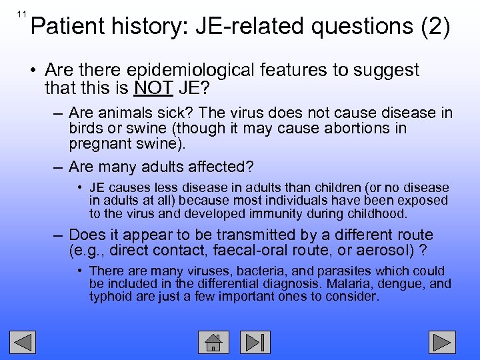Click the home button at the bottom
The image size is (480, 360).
tap(213, 342)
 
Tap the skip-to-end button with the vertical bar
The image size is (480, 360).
tap(255, 342)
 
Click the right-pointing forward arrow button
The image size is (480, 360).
tap(441, 342)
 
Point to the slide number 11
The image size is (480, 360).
tap(22, 14)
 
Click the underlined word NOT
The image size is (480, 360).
tap(153, 88)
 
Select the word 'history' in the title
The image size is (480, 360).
tap(141, 27)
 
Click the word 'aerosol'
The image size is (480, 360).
tap(378, 251)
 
